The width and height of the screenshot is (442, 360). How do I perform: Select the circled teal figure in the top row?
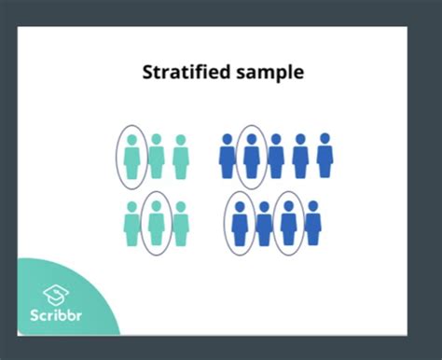132,156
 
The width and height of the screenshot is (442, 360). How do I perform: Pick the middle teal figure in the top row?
157,156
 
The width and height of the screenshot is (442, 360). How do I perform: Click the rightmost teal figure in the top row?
181,156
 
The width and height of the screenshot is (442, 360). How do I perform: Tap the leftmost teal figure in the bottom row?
132,225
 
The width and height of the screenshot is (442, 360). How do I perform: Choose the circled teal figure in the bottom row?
157,224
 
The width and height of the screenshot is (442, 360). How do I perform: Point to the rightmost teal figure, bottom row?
181,225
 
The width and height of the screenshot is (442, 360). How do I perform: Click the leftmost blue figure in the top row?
227,156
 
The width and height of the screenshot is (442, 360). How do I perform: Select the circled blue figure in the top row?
251,156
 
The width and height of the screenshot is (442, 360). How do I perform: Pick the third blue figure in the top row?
276,156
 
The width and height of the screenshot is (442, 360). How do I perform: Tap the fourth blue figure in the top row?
300,156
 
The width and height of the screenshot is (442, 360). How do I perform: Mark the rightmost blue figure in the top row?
325,156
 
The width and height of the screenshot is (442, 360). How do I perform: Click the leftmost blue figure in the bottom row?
241,224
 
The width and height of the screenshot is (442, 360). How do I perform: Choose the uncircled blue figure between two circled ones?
265,224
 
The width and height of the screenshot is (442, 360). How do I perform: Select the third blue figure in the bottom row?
289,224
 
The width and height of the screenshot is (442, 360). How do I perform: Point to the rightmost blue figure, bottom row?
313,224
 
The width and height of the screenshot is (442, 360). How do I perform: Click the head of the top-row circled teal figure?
132,140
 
